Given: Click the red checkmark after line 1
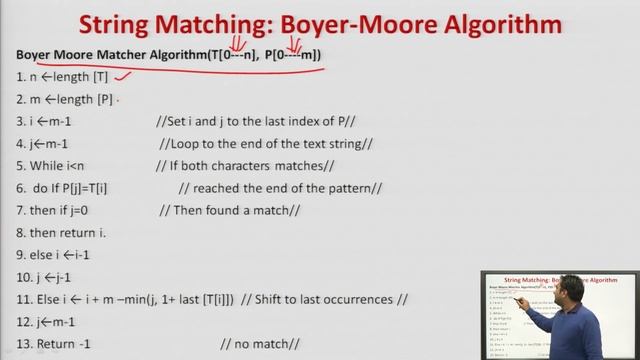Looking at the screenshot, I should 125,74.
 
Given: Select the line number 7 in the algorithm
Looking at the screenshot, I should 21,209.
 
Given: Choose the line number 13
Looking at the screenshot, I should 24,344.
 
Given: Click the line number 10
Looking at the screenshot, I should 24,277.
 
